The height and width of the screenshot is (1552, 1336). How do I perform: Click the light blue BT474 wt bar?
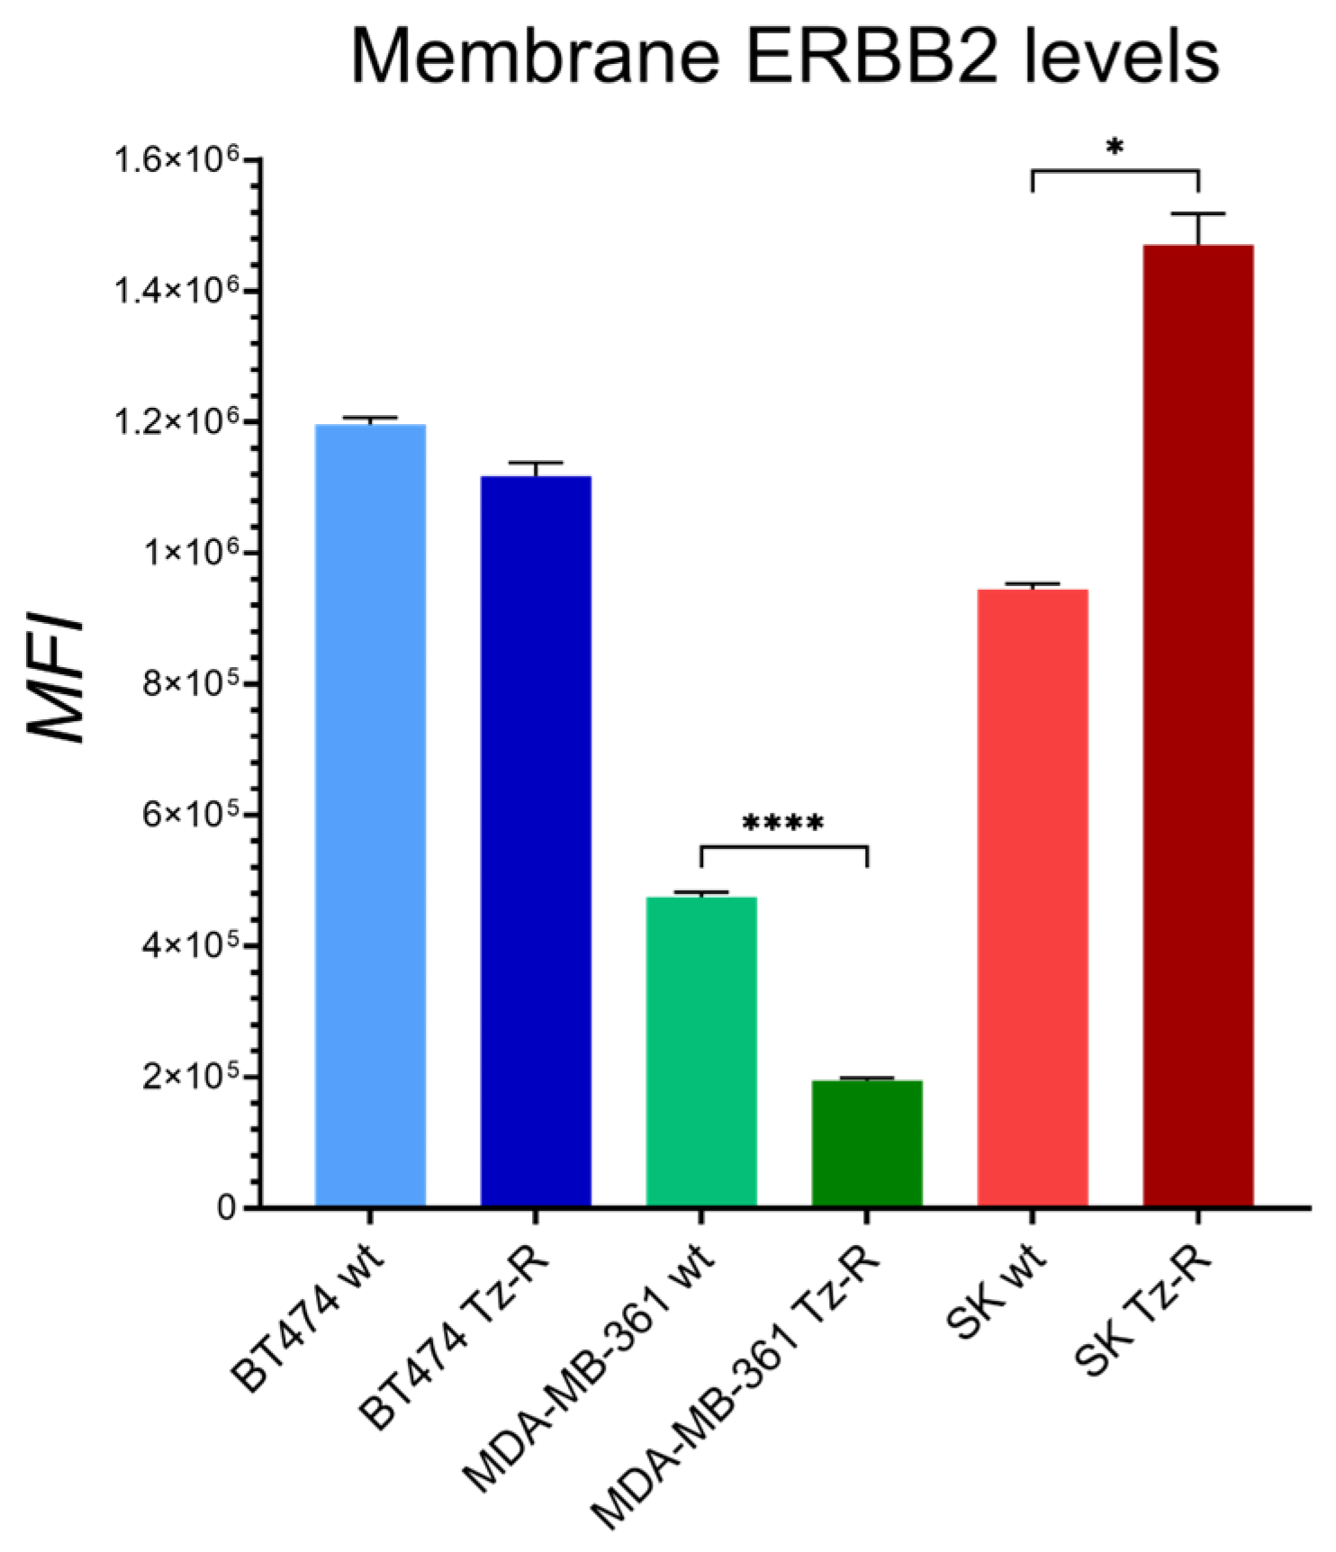pos(370,815)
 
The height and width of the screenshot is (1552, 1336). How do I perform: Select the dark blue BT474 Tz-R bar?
pos(536,842)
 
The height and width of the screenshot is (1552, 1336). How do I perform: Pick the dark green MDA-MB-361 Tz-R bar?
pos(867,1143)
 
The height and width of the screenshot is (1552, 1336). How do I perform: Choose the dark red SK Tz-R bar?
pos(1198,725)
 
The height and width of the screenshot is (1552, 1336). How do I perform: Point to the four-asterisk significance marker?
pos(782,824)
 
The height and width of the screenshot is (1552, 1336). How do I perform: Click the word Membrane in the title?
pos(535,57)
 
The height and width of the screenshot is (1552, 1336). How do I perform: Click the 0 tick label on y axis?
pos(227,1207)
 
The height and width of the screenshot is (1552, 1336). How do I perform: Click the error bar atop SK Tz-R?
pos(1198,226)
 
